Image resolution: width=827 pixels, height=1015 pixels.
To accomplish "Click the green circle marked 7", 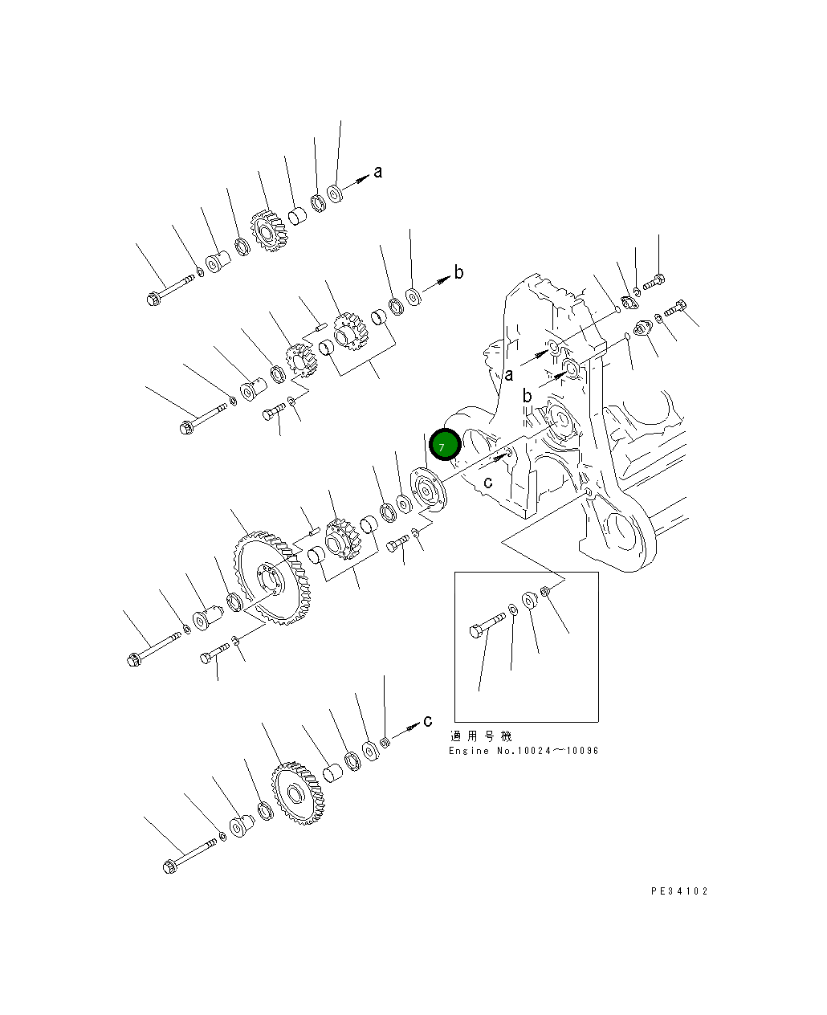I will pyautogui.click(x=444, y=445).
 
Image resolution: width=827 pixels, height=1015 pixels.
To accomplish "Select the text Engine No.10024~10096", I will pyautogui.click(x=523, y=751).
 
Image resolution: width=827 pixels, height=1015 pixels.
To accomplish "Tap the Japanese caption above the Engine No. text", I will pyautogui.click(x=480, y=736).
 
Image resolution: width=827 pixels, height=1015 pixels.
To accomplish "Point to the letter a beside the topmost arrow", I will pyautogui.click(x=378, y=171).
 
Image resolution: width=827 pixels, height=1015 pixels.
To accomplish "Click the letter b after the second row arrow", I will pyautogui.click(x=458, y=272).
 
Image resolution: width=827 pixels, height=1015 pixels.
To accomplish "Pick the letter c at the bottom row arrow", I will pyautogui.click(x=427, y=720).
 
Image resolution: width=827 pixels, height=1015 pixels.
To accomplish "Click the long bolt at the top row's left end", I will pyautogui.click(x=170, y=289).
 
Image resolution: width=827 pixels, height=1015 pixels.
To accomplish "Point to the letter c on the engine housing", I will pyautogui.click(x=487, y=483).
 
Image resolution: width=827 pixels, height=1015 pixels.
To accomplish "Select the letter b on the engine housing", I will pyautogui.click(x=527, y=396).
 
